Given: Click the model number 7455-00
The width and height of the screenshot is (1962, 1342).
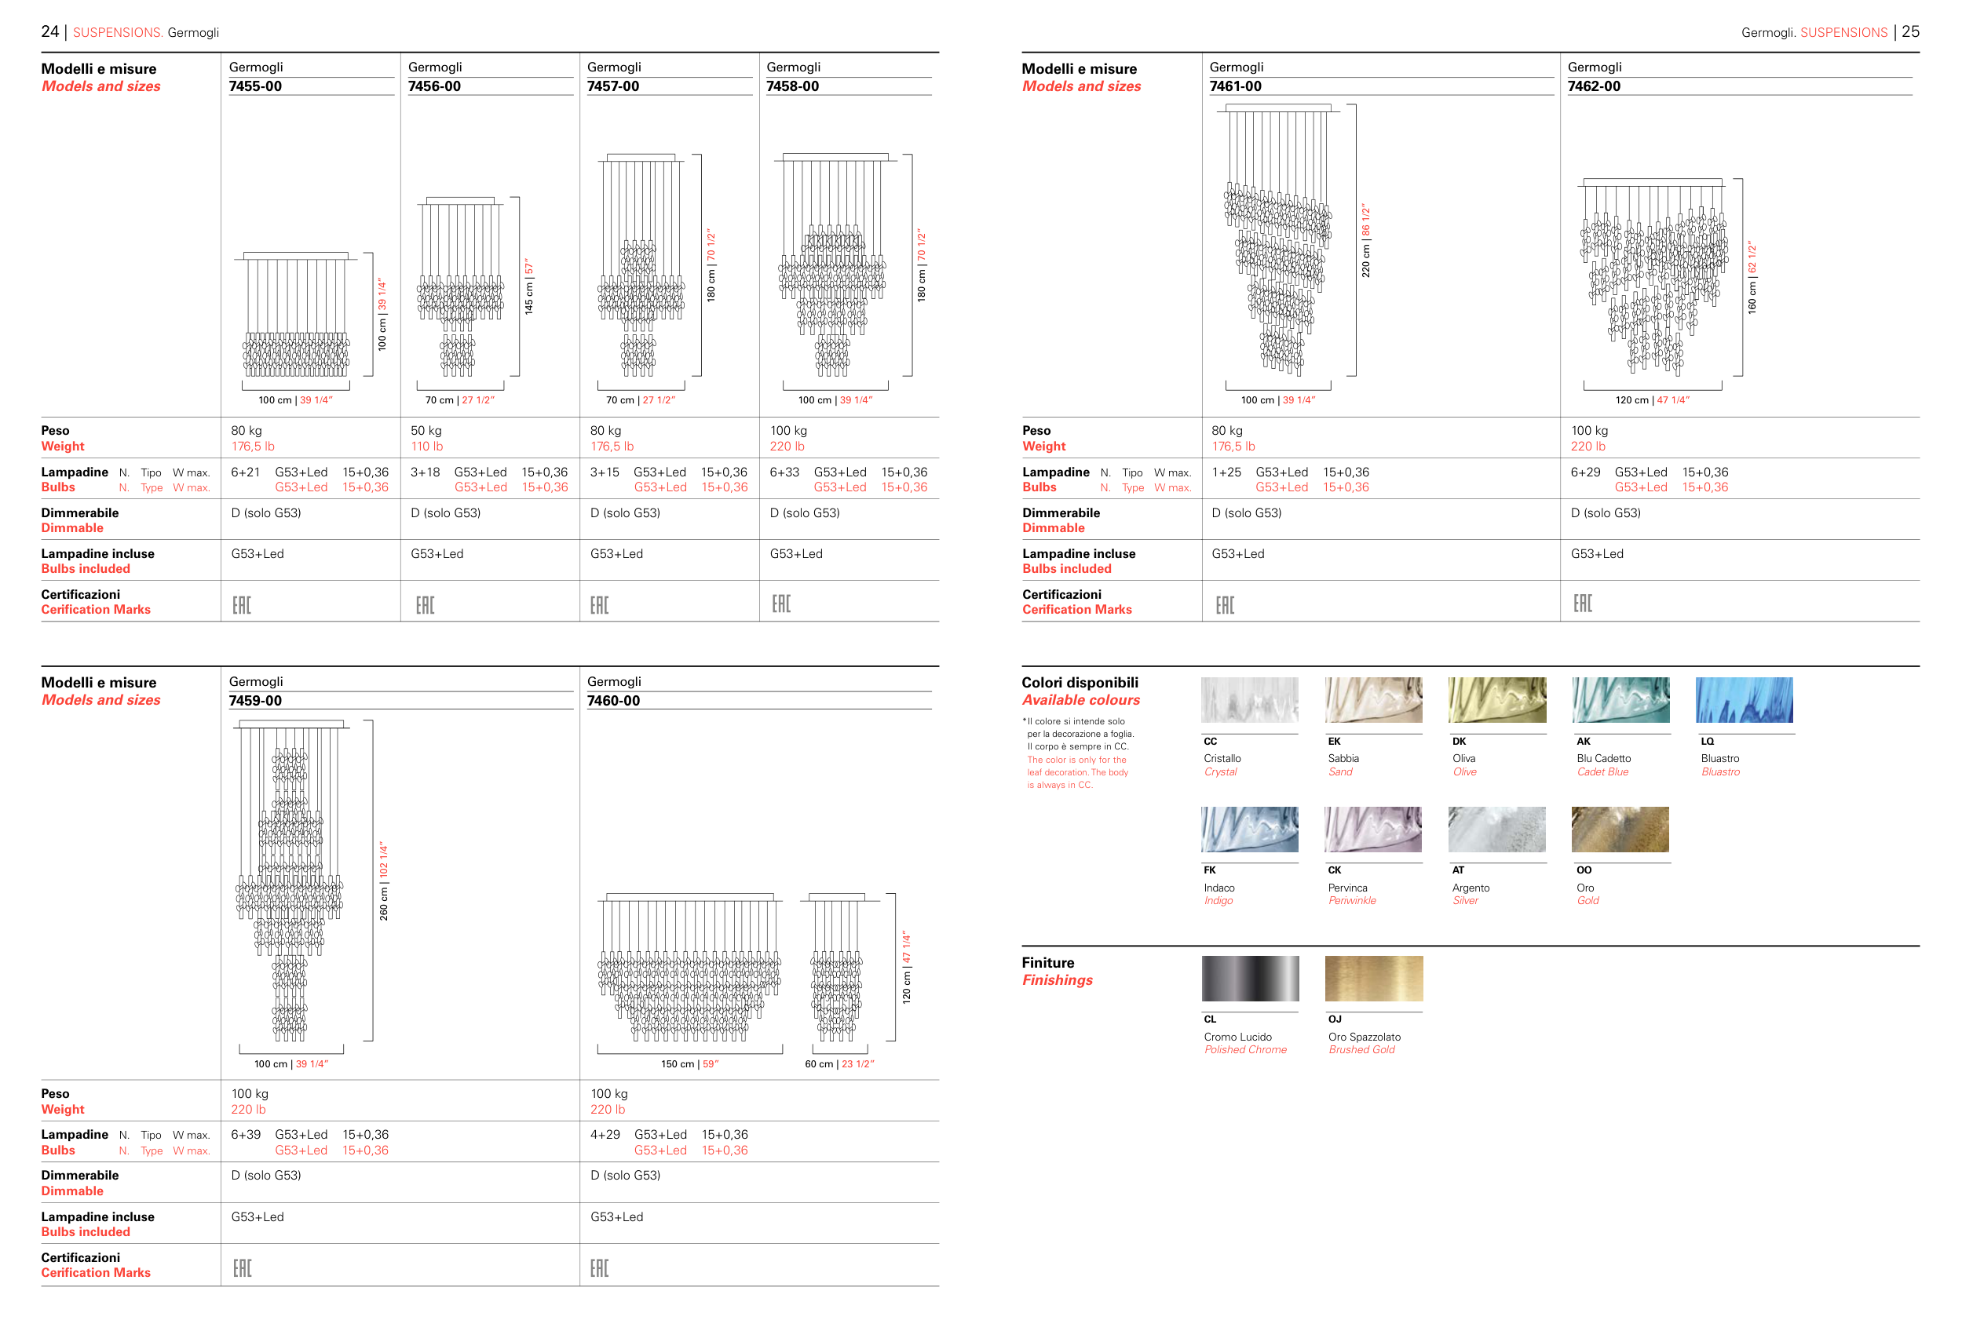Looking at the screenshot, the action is pyautogui.click(x=255, y=86).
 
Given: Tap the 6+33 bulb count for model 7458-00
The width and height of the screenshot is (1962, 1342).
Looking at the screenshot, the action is pyautogui.click(x=784, y=472).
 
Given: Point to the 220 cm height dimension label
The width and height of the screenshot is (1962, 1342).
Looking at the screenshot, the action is pyautogui.click(x=1365, y=241).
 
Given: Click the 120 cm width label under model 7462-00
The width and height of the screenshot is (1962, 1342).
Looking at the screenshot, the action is pyautogui.click(x=1652, y=400).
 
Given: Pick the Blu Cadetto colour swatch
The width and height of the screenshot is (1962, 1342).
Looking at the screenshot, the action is pyautogui.click(x=1620, y=700).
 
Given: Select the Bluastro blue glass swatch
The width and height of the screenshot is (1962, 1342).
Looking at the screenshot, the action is pyautogui.click(x=1745, y=700).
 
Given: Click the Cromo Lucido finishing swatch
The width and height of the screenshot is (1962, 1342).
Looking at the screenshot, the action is pyautogui.click(x=1251, y=978).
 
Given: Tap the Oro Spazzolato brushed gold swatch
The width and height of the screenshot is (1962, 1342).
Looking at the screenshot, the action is pyautogui.click(x=1374, y=978).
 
